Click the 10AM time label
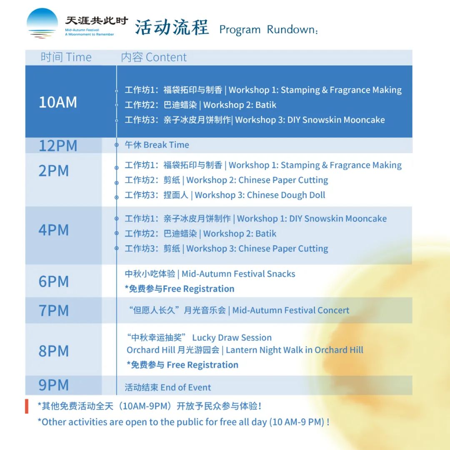point(58,102)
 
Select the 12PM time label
point(58,146)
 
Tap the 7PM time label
point(54,310)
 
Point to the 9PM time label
point(54,385)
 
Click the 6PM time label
point(54,282)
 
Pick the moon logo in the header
point(42,23)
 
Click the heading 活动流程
point(172,28)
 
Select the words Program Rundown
point(269,30)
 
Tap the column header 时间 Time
point(66,57)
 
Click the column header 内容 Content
point(154,57)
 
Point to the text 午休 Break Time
point(157,145)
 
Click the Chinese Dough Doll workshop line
point(225,195)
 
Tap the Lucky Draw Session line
point(199,337)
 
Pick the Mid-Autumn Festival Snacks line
point(210,274)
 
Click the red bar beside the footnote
point(27,406)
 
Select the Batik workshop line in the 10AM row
point(200,105)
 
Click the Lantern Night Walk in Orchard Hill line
point(245,350)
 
